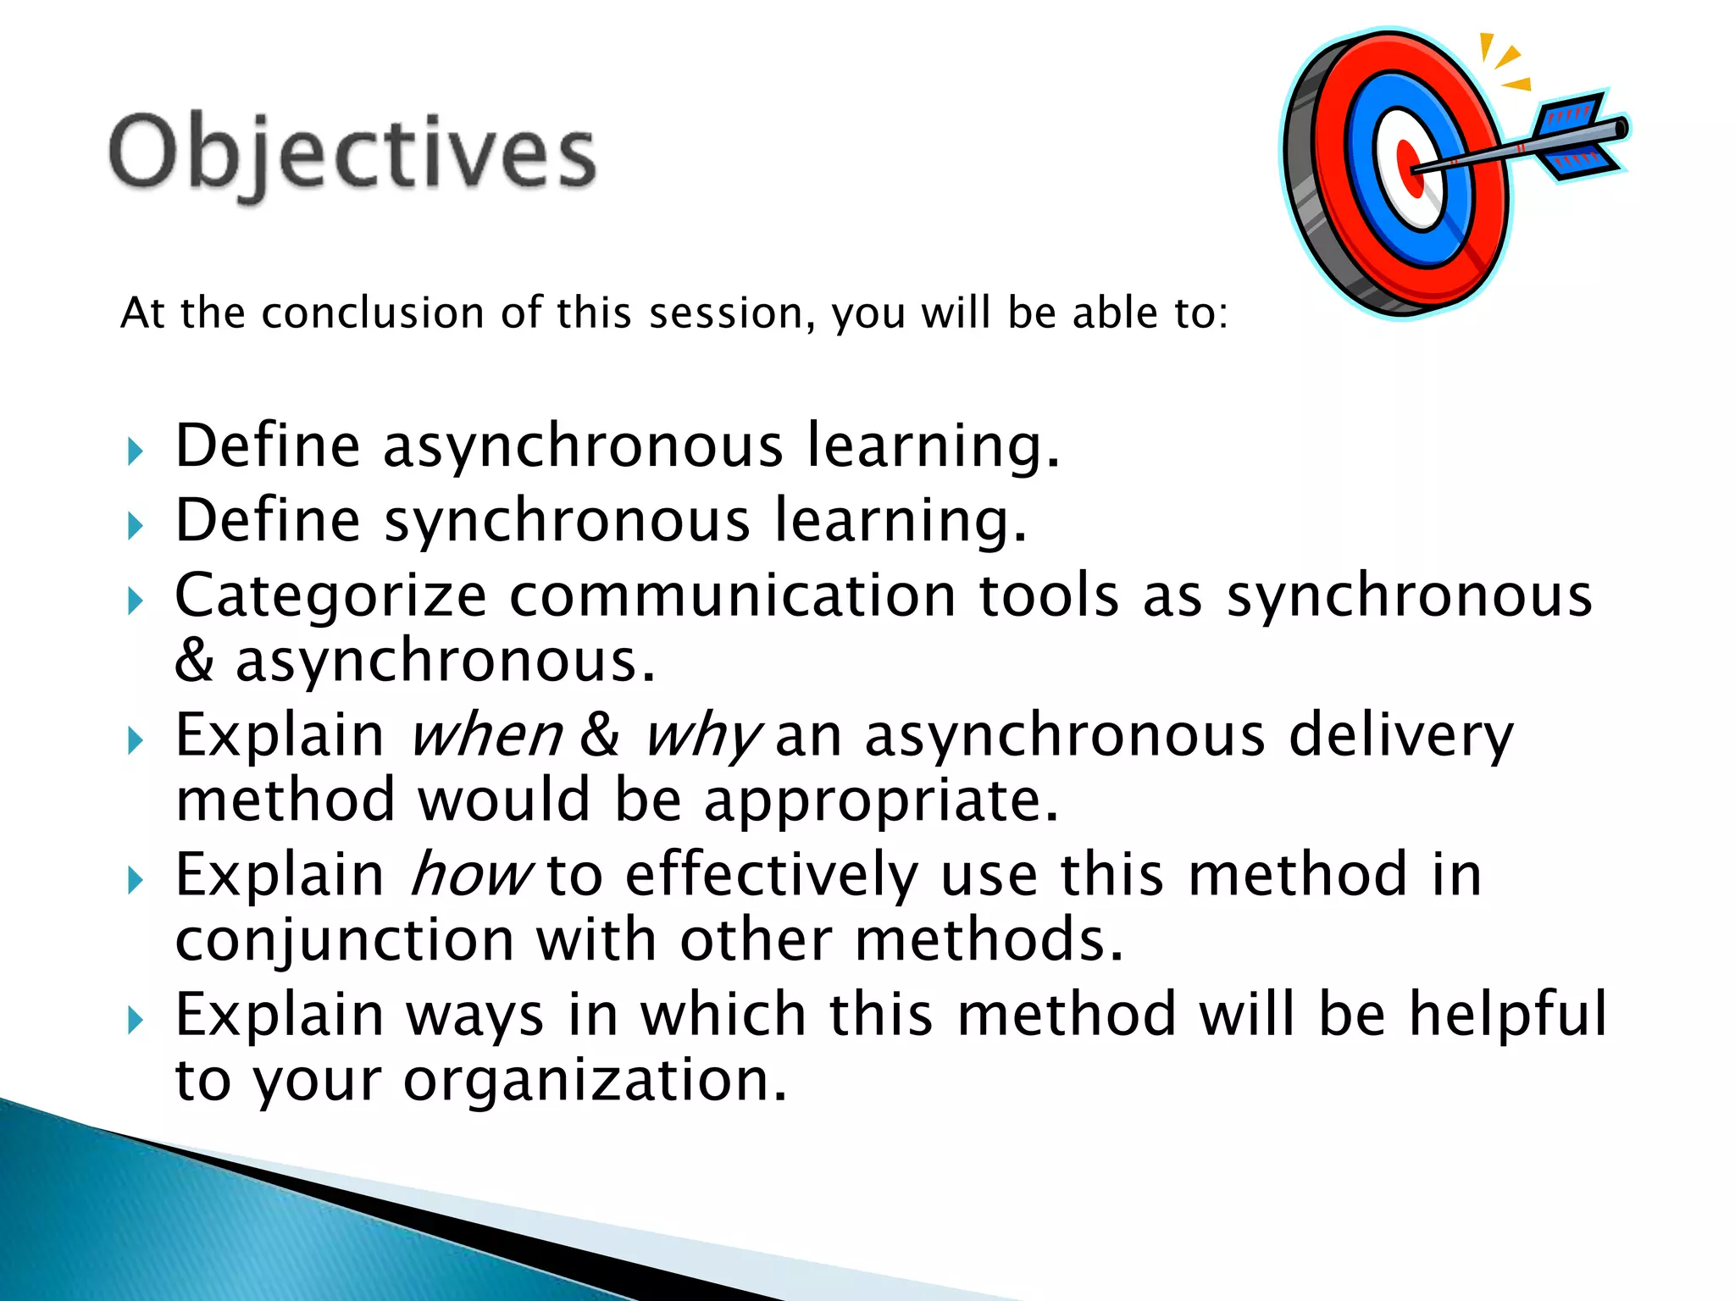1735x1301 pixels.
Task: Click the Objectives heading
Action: pyautogui.click(x=352, y=154)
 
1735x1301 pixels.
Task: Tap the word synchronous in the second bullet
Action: pyautogui.click(x=567, y=520)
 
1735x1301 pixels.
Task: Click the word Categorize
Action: pyautogui.click(x=330, y=595)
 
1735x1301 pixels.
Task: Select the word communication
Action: pyautogui.click(x=732, y=595)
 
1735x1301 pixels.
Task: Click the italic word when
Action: pyautogui.click(x=485, y=735)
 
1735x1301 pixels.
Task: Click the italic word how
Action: pyautogui.click(x=470, y=875)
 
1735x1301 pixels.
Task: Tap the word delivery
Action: pyautogui.click(x=1400, y=735)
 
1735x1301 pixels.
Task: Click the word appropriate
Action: pyautogui.click(x=881, y=800)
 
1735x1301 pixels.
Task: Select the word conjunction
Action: pyautogui.click(x=344, y=940)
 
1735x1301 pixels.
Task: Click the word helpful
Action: pyautogui.click(x=1507, y=1014)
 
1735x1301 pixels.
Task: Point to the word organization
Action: pyautogui.click(x=595, y=1080)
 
